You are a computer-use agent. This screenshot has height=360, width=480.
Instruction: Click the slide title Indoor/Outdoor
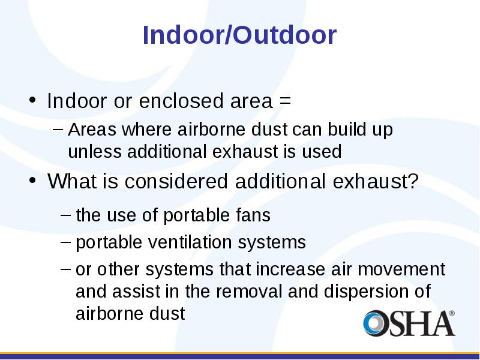pos(239,35)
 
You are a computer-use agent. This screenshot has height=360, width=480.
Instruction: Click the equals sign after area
pos(284,101)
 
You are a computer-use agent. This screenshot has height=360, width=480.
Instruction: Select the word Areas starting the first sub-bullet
pos(92,129)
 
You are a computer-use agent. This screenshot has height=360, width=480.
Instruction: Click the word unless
pos(95,151)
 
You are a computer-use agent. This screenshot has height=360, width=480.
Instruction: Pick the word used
pos(322,151)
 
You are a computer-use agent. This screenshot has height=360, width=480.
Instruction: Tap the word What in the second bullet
pos(71,181)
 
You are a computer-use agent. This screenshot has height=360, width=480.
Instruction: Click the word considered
pos(176,181)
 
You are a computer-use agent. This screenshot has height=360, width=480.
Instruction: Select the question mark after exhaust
pos(413,181)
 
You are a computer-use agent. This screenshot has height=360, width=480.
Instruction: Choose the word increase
pos(290,269)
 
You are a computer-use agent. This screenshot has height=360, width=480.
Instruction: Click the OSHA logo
pos(409,323)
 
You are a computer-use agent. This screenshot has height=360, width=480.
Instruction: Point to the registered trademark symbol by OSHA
pos(452,313)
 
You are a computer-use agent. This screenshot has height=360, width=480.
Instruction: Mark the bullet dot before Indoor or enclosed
pos(32,100)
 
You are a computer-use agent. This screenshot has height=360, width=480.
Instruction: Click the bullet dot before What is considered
pos(32,180)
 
